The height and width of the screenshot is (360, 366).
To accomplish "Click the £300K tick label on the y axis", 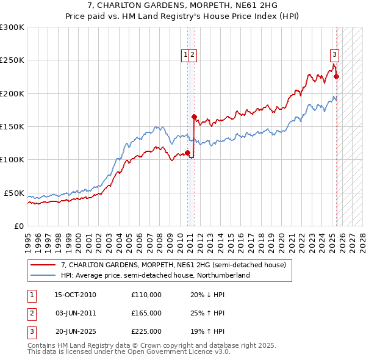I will point(12,27).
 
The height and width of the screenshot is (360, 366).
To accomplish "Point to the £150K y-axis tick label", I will point(12,127).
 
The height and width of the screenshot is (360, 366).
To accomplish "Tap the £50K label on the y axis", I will point(14,193).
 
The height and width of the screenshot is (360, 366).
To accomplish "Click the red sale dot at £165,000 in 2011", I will point(194,117).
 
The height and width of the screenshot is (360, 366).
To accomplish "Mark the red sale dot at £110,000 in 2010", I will point(187,153).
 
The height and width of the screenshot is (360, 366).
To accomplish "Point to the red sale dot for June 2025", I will point(336,77).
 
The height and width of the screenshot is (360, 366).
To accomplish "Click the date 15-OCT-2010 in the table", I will point(75,295).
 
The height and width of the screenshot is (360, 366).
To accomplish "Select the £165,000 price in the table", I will point(146,313).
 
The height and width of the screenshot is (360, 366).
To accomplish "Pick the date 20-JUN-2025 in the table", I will point(75,331).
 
